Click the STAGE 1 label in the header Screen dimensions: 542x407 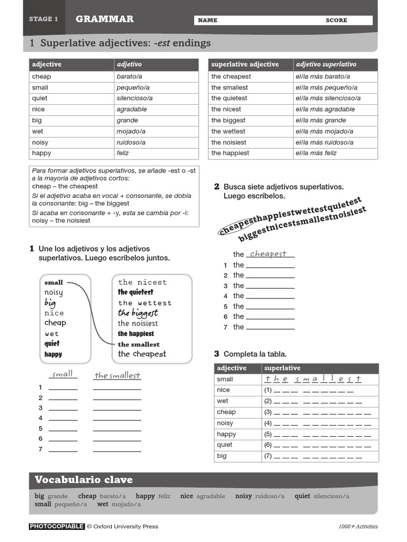pyautogui.click(x=43, y=19)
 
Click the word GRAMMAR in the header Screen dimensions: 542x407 pyautogui.click(x=104, y=19)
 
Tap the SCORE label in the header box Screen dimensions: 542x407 pyautogui.click(x=337, y=20)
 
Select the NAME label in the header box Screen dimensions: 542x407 pyautogui.click(x=208, y=20)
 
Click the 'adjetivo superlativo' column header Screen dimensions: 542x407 pyautogui.click(x=326, y=65)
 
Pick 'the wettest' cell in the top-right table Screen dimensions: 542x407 pyautogui.click(x=228, y=131)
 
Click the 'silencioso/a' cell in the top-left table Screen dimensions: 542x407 pyautogui.click(x=135, y=98)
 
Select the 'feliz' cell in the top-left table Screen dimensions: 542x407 pyautogui.click(x=123, y=153)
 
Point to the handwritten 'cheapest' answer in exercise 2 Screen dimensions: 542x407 pyautogui.click(x=268, y=254)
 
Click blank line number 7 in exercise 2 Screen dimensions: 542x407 pyautogui.click(x=270, y=327)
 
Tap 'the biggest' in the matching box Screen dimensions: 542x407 pyautogui.click(x=138, y=313)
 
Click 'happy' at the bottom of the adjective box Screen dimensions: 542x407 pyautogui.click(x=54, y=354)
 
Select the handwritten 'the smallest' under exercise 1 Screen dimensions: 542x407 pyautogui.click(x=117, y=375)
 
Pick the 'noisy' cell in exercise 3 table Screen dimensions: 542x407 pyautogui.click(x=225, y=423)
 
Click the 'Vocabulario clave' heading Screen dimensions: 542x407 pyautogui.click(x=84, y=480)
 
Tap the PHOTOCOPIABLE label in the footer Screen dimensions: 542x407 pyautogui.click(x=57, y=526)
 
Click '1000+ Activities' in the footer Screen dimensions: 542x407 pyautogui.click(x=358, y=526)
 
